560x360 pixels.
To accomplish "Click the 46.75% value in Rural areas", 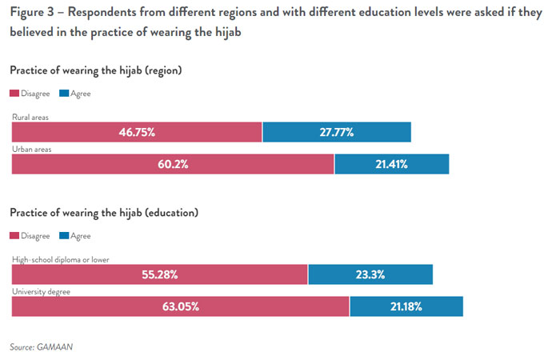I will (136, 133).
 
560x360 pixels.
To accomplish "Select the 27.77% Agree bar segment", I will (336, 133).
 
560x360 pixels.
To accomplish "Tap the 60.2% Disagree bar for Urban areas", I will (172, 164).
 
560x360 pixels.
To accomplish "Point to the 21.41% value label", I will (390, 164).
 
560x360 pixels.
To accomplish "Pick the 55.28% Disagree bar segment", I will (158, 274).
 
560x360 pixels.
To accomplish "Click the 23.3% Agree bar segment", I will (370, 274).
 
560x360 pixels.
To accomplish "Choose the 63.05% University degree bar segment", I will (179, 306).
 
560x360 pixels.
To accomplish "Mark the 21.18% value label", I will (405, 306).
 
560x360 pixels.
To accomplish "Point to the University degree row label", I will (41, 291).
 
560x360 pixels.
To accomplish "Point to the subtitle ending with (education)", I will (104, 213).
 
